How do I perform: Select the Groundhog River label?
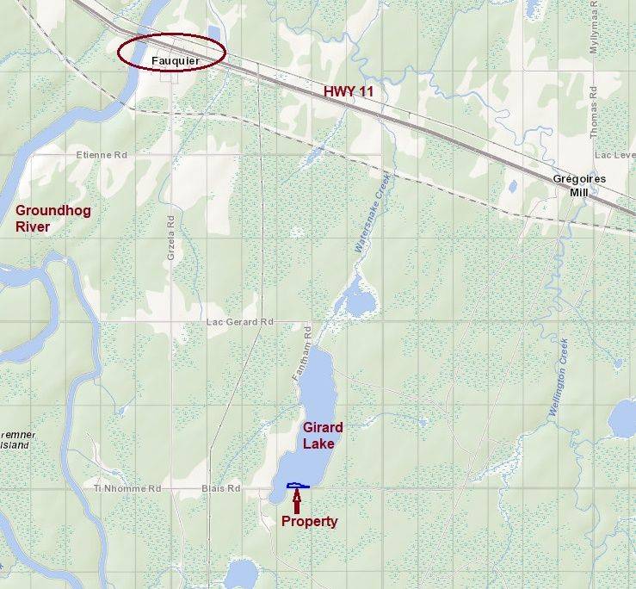(x=52, y=219)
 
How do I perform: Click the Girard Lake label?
(x=322, y=436)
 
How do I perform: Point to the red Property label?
(x=309, y=521)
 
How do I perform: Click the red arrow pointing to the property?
(x=297, y=499)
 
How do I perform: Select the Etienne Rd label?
(x=101, y=155)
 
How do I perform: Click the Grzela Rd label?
(x=170, y=233)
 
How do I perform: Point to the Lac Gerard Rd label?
(x=239, y=322)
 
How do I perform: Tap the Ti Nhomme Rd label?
(x=127, y=488)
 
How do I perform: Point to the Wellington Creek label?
(x=559, y=379)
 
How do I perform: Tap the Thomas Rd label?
(x=594, y=116)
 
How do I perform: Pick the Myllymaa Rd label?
(x=593, y=34)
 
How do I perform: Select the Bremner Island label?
(x=15, y=441)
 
